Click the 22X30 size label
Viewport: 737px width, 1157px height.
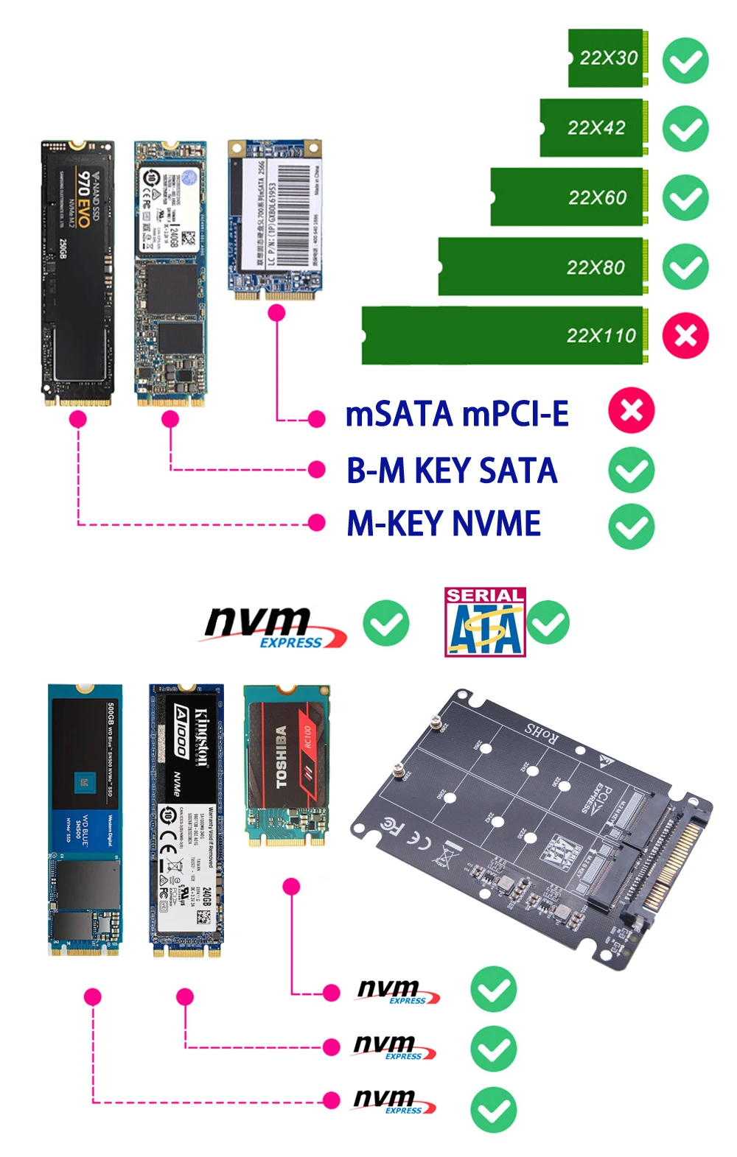[608, 58]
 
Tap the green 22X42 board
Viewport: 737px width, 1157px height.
[594, 128]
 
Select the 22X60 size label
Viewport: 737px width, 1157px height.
[597, 197]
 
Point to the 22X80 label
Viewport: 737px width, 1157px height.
[595, 267]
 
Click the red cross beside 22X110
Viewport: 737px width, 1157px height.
[685, 336]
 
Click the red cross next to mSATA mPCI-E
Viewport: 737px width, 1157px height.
[632, 410]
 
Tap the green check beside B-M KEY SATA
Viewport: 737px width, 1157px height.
[632, 470]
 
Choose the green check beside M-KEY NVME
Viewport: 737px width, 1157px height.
[632, 526]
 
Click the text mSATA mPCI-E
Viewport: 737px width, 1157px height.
[457, 414]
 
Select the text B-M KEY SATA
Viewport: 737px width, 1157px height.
[452, 471]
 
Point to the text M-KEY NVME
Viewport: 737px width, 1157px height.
[444, 524]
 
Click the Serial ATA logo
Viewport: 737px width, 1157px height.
[484, 622]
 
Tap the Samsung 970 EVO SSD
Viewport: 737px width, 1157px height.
[77, 272]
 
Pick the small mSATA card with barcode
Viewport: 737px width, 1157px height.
[275, 219]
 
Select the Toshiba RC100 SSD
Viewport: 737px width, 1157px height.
[287, 766]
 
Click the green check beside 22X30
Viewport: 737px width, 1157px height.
[685, 60]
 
